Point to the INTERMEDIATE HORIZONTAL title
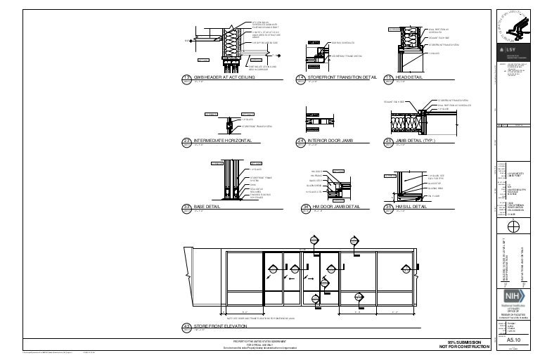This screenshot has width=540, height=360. [x=223, y=141]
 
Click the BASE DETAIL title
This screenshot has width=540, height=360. [x=209, y=207]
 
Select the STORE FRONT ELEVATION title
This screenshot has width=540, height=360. [x=224, y=326]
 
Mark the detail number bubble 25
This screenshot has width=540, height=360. [x=387, y=141]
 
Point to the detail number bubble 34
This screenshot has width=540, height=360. [x=305, y=207]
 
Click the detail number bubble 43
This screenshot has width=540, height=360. [x=186, y=326]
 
